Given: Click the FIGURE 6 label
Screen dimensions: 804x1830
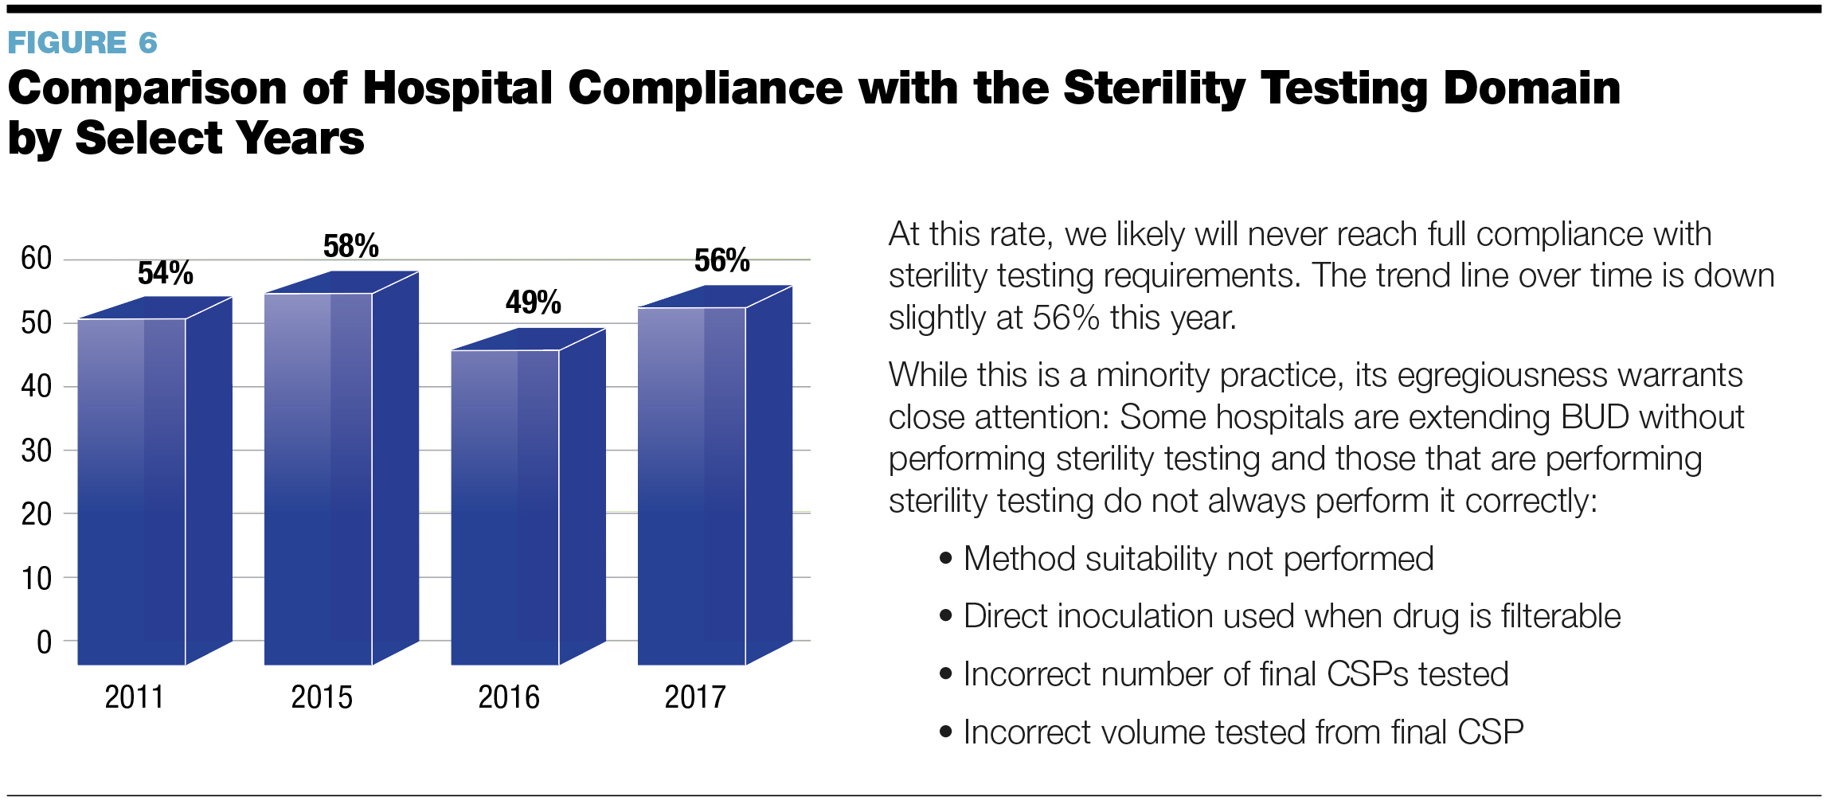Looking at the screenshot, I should [82, 42].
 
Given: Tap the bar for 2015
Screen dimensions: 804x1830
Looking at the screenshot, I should [319, 478].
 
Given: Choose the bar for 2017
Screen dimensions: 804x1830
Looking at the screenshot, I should [691, 486].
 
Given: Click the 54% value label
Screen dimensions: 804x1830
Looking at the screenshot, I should [165, 273].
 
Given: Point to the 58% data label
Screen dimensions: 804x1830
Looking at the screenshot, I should [350, 246].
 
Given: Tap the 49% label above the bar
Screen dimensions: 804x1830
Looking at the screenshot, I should [533, 302].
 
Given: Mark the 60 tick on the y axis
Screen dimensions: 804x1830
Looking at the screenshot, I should [37, 258].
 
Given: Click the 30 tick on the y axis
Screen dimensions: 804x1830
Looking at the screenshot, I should [37, 451].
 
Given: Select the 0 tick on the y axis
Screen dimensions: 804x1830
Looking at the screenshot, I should [44, 642].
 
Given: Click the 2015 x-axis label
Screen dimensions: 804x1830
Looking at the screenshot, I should [322, 697].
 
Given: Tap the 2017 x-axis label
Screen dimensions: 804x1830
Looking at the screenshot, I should [695, 697].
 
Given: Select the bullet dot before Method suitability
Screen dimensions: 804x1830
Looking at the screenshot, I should [945, 558].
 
